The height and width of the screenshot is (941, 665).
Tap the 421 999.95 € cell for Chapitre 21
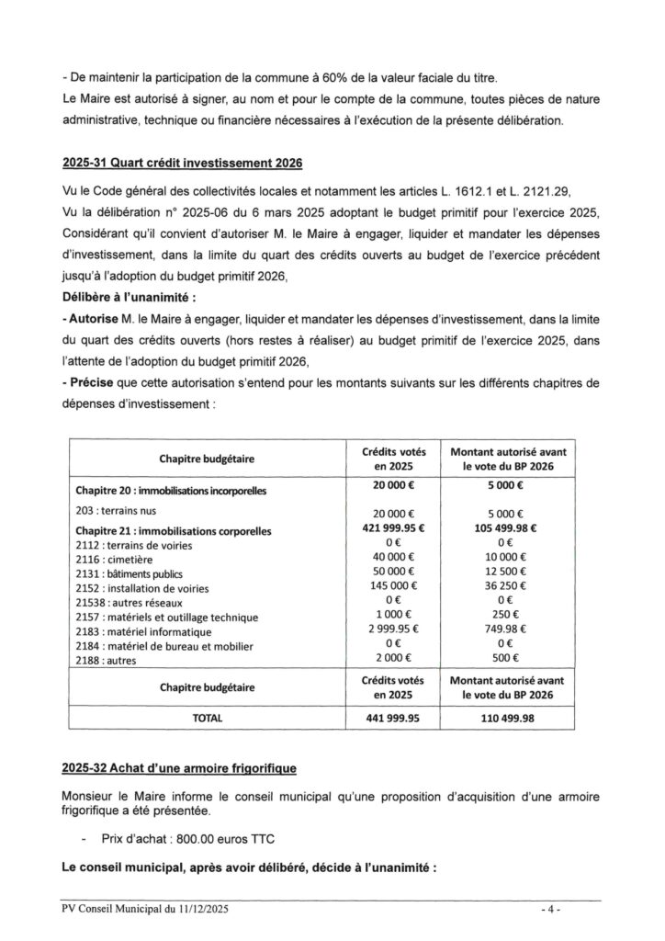point(397,530)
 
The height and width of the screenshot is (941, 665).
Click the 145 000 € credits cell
point(397,586)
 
